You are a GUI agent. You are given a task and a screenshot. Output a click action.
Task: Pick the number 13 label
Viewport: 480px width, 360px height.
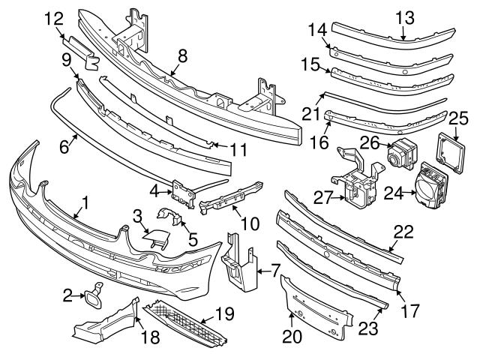(405, 17)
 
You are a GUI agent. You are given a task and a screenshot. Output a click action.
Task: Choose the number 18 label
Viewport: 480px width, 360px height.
(151, 338)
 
